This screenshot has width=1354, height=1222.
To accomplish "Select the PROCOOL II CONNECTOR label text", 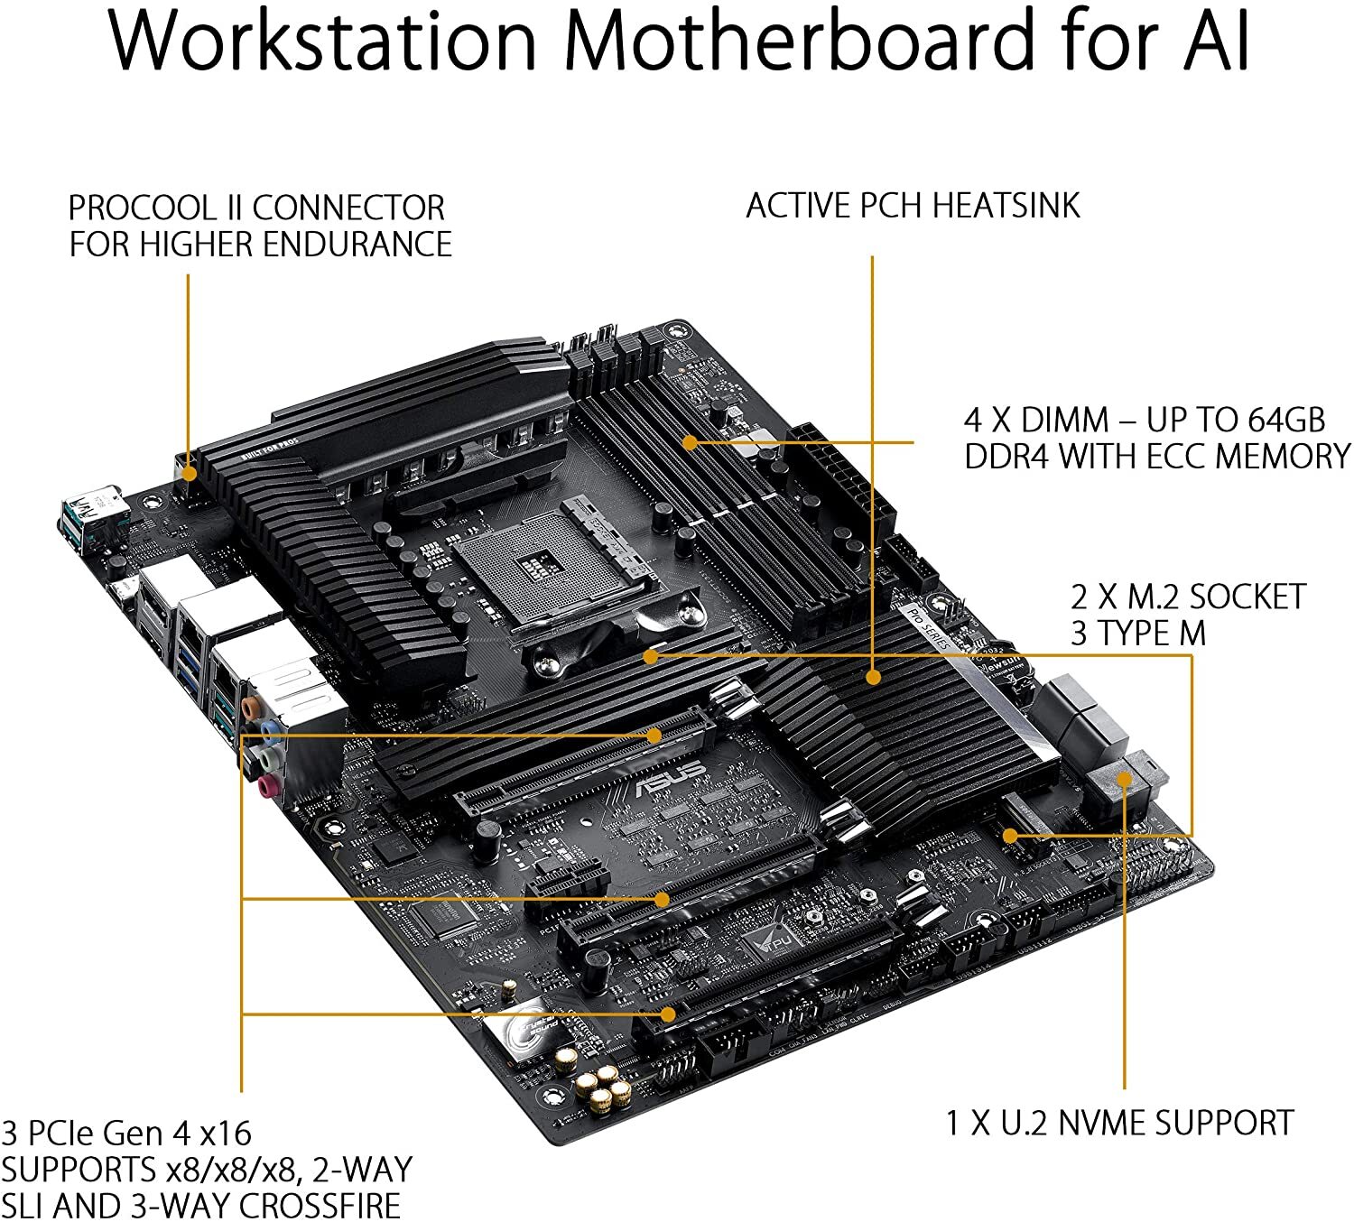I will coord(257,208).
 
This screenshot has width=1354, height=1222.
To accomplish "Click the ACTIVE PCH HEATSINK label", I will coord(913,206).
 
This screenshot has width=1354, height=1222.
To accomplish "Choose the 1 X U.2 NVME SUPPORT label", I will coord(1119,1123).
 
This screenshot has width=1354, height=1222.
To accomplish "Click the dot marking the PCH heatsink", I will coord(873,676).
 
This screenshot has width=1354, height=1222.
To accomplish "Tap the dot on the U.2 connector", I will coord(1125,779).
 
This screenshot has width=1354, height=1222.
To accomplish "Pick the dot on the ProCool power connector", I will coord(189,472).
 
